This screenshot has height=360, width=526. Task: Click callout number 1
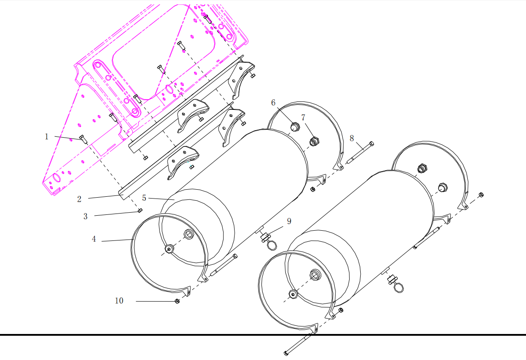[47, 137]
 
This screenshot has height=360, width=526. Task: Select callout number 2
[79, 199]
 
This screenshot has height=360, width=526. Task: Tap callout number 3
[86, 216]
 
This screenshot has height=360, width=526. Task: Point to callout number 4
[94, 239]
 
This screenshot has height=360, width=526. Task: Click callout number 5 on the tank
[144, 198]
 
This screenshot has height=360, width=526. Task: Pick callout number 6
[273, 102]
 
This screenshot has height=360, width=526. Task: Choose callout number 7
[303, 117]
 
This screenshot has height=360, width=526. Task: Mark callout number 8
[351, 138]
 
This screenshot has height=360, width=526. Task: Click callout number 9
[289, 221]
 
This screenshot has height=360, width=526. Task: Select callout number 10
[119, 300]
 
